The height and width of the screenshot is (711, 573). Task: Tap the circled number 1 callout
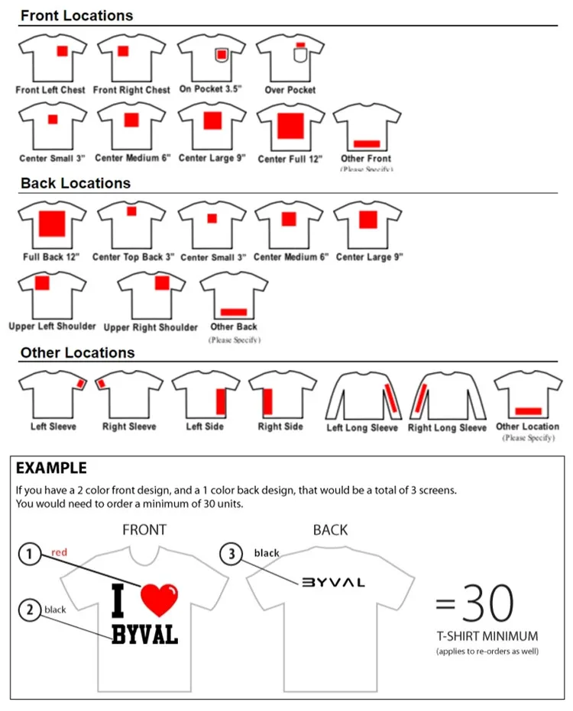29,555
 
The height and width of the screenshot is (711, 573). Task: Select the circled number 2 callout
29,610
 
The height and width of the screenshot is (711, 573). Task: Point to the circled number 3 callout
231,554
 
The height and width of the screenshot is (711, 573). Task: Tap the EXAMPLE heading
51,468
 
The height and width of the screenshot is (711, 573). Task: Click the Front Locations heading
76,15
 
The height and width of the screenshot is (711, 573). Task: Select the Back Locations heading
75,183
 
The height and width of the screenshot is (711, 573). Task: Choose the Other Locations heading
77,352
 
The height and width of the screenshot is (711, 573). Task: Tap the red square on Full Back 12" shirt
52,222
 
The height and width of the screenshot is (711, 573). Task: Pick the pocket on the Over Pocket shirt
299,55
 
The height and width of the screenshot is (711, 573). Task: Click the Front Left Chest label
50,90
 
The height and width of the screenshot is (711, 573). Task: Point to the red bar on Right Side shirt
268,400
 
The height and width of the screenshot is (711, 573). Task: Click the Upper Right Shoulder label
151,327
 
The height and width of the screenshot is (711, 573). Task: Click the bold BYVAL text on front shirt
144,633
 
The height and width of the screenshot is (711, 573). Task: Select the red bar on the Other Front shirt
367,143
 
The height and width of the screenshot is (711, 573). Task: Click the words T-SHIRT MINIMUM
487,636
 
